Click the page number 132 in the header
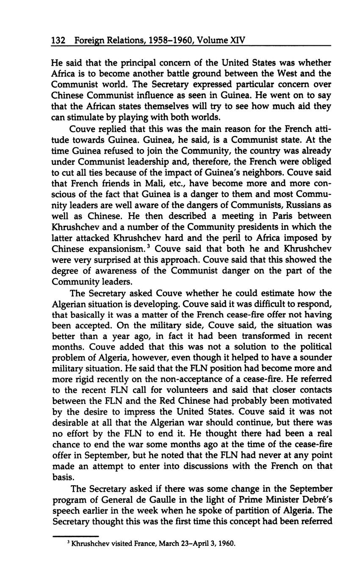(58, 41)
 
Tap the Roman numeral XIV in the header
(237, 41)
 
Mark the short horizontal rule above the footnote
(75, 536)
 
